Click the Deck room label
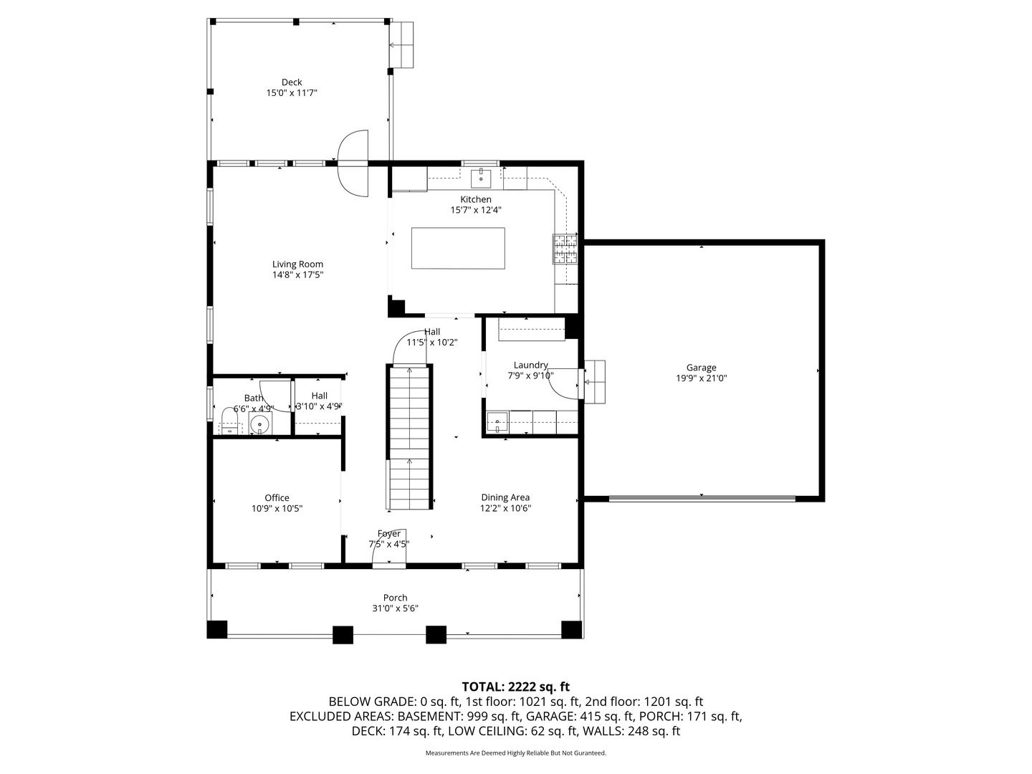pyautogui.click(x=291, y=82)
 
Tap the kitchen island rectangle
pyautogui.click(x=457, y=248)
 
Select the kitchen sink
pyautogui.click(x=480, y=176)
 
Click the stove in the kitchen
pyautogui.click(x=565, y=250)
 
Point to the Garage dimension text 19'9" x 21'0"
pyautogui.click(x=701, y=378)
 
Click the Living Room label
pyautogui.click(x=297, y=264)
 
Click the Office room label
pyautogui.click(x=277, y=498)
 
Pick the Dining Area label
pyautogui.click(x=505, y=497)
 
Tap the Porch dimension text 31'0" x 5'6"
pyautogui.click(x=395, y=608)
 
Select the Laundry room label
pyautogui.click(x=530, y=365)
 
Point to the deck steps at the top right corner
pyautogui.click(x=401, y=44)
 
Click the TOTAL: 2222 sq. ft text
pyautogui.click(x=515, y=687)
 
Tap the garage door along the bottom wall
pyautogui.click(x=702, y=497)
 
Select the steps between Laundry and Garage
pyautogui.click(x=595, y=381)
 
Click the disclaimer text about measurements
pyautogui.click(x=515, y=753)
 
